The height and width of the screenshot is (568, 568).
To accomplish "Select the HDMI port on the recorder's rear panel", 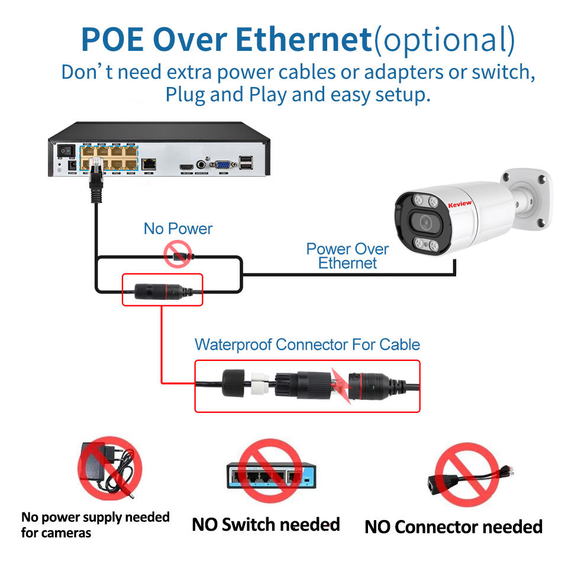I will pyautogui.click(x=186, y=167).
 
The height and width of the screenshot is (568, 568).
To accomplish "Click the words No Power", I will pyautogui.click(x=178, y=229).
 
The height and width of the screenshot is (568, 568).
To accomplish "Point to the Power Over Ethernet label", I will pyautogui.click(x=347, y=256).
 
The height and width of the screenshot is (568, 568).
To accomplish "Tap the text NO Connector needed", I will pyautogui.click(x=453, y=527).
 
